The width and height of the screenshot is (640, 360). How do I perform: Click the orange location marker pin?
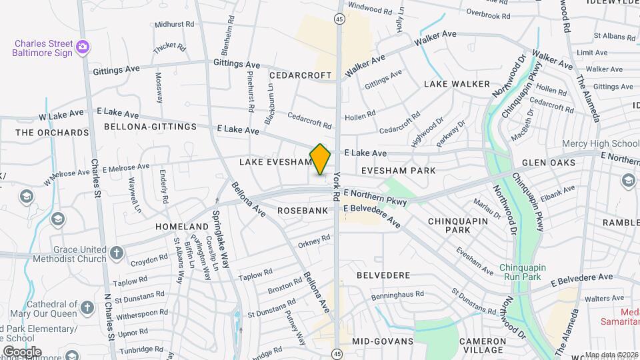[321, 159]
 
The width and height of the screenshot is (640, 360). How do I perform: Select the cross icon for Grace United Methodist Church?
[117, 252]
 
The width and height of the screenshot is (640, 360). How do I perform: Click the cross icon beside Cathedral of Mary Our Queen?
[87, 307]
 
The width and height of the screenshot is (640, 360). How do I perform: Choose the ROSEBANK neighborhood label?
[306, 211]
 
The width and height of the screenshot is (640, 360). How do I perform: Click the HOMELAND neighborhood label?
[182, 227]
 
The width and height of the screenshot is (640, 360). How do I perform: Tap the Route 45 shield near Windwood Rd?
[339, 20]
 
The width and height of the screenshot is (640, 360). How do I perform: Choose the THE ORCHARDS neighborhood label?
[52, 133]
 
